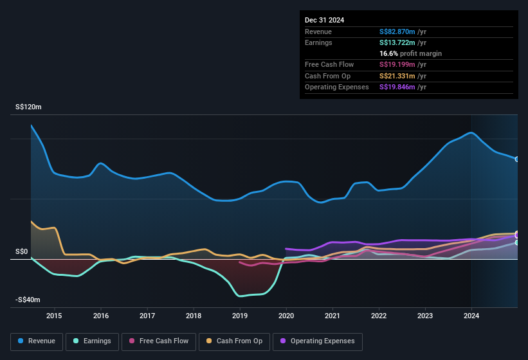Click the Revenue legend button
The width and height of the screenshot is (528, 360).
click(x=37, y=341)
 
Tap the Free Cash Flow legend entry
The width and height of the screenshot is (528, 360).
click(x=159, y=341)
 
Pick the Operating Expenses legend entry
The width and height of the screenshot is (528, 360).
click(x=318, y=341)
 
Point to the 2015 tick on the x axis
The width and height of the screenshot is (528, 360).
click(x=54, y=316)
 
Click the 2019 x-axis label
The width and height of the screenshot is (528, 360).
click(x=240, y=316)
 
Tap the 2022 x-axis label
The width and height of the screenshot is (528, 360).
click(x=379, y=316)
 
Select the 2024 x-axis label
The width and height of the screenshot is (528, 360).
click(x=471, y=316)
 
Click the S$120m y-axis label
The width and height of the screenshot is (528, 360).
click(x=28, y=107)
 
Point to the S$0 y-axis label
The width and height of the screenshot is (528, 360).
click(x=23, y=251)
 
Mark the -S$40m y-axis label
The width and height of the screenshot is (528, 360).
click(x=28, y=300)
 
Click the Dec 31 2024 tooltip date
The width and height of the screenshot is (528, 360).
click(x=325, y=20)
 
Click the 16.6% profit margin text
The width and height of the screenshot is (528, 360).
click(x=411, y=53)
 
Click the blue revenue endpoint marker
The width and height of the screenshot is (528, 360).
click(x=517, y=159)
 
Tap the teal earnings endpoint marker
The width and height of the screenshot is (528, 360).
click(x=517, y=242)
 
